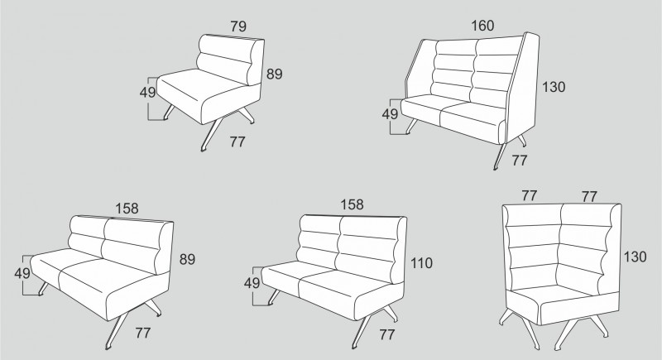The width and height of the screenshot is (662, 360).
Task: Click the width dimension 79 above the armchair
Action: click(238, 26)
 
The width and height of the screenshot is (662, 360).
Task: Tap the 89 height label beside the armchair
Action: click(275, 74)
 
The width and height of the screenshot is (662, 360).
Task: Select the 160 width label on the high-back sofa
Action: click(482, 26)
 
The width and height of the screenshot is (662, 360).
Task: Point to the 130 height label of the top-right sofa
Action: click(554, 87)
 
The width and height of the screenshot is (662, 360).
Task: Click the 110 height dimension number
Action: click(422, 263)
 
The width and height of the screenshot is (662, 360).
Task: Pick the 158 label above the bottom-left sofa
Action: click(127, 209)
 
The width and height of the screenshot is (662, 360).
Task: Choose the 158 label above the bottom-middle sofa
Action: click(353, 204)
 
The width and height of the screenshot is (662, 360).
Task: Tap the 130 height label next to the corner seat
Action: click(635, 257)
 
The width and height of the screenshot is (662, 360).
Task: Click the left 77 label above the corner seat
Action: click(530, 196)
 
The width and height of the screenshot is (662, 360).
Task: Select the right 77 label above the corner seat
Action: click(589, 197)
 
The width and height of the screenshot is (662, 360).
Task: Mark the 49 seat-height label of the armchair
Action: click(148, 92)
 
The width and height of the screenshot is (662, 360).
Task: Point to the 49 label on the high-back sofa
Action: click(390, 114)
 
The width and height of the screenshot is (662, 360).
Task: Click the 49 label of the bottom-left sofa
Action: click(22, 273)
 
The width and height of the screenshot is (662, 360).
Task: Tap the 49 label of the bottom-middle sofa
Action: click(252, 283)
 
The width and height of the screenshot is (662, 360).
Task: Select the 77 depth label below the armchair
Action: click(237, 142)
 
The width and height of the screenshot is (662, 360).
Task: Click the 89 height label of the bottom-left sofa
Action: click(188, 259)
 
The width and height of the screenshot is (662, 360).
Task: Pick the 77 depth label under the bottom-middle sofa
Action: click(386, 334)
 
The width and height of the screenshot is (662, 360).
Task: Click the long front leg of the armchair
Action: click(212, 133)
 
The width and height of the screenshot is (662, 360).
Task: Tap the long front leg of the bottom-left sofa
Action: click(117, 332)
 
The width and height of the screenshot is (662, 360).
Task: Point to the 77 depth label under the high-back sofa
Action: click(520, 161)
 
